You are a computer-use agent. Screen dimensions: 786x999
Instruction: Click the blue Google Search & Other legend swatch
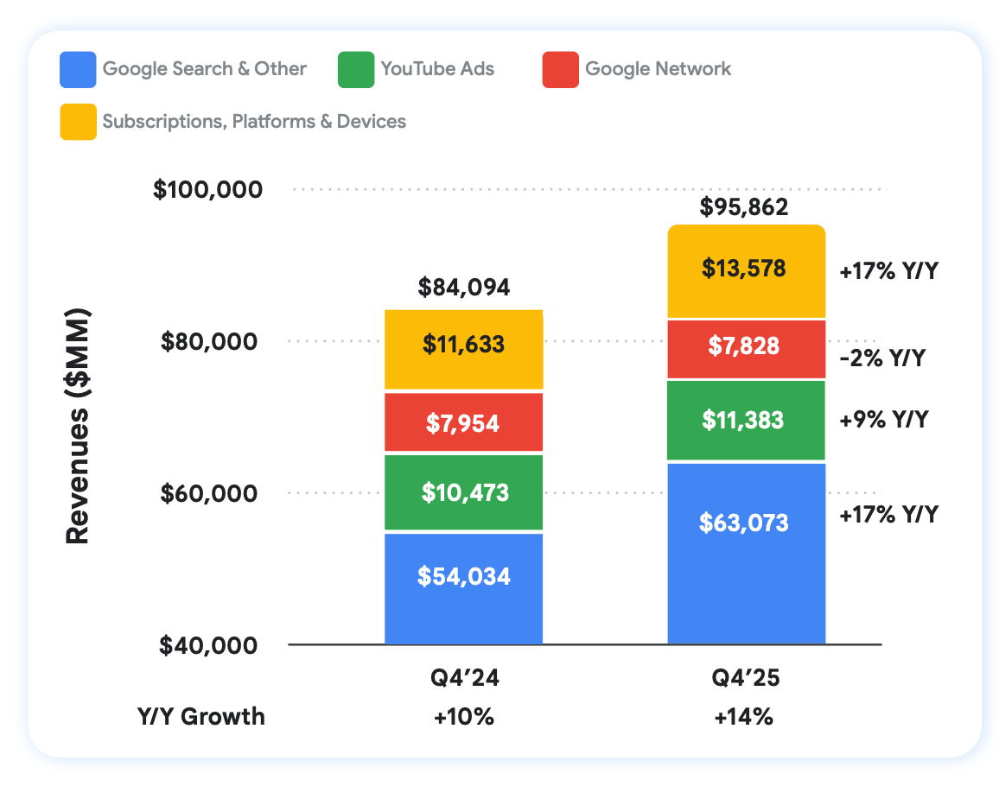(77, 70)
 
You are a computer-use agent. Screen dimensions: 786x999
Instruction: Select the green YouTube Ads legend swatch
(355, 70)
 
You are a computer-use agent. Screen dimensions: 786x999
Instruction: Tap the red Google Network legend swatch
(560, 70)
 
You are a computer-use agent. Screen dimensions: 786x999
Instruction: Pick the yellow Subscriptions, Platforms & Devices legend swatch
(77, 122)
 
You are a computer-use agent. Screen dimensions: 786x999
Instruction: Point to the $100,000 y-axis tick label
(207, 189)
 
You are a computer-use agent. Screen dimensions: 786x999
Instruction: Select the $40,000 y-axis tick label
(208, 645)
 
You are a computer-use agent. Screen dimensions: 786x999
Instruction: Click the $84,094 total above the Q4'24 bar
(463, 287)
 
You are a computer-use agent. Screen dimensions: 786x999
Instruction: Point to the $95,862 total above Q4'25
(745, 207)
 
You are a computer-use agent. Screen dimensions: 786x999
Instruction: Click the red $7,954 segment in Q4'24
(463, 422)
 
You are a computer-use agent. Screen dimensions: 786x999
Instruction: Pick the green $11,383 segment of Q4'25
(746, 421)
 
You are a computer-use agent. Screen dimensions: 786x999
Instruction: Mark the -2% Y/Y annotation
(881, 358)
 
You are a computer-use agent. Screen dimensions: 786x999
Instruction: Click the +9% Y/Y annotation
(883, 421)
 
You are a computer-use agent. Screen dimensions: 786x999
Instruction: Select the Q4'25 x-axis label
(745, 679)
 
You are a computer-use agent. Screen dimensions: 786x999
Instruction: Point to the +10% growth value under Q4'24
(465, 717)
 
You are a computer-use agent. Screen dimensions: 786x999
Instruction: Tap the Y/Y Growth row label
(201, 717)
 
